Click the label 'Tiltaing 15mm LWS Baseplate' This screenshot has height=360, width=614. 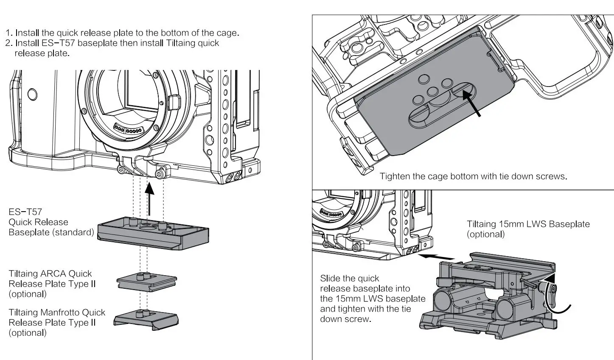pos(528,224)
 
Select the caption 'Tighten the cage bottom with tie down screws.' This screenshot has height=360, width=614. pos(473,176)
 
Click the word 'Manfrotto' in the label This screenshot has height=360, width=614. pos(60,313)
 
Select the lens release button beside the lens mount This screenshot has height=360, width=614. pos(174,102)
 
